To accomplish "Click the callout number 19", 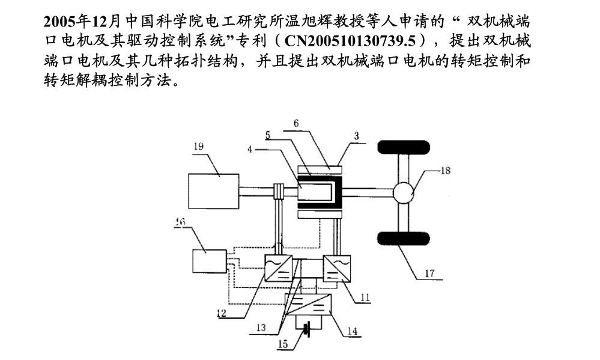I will tap(199, 145).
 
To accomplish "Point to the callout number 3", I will tap(356, 137).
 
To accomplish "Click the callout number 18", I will tap(445, 170).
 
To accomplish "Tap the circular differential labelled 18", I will tap(405, 192).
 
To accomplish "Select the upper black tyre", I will tap(405, 148).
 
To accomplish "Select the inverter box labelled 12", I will tap(279, 266).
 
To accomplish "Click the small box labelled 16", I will tap(208, 260).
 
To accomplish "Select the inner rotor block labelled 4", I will tap(314, 192).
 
